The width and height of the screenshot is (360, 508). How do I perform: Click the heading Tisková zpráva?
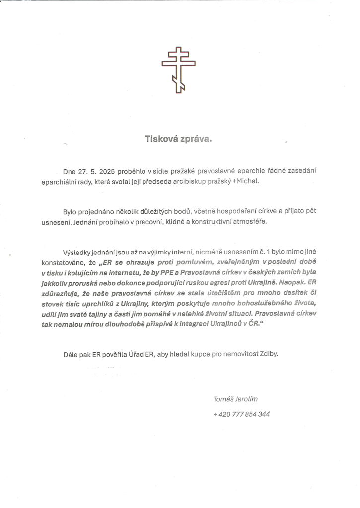[178, 139]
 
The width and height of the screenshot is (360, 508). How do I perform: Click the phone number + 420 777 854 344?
[241, 414]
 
